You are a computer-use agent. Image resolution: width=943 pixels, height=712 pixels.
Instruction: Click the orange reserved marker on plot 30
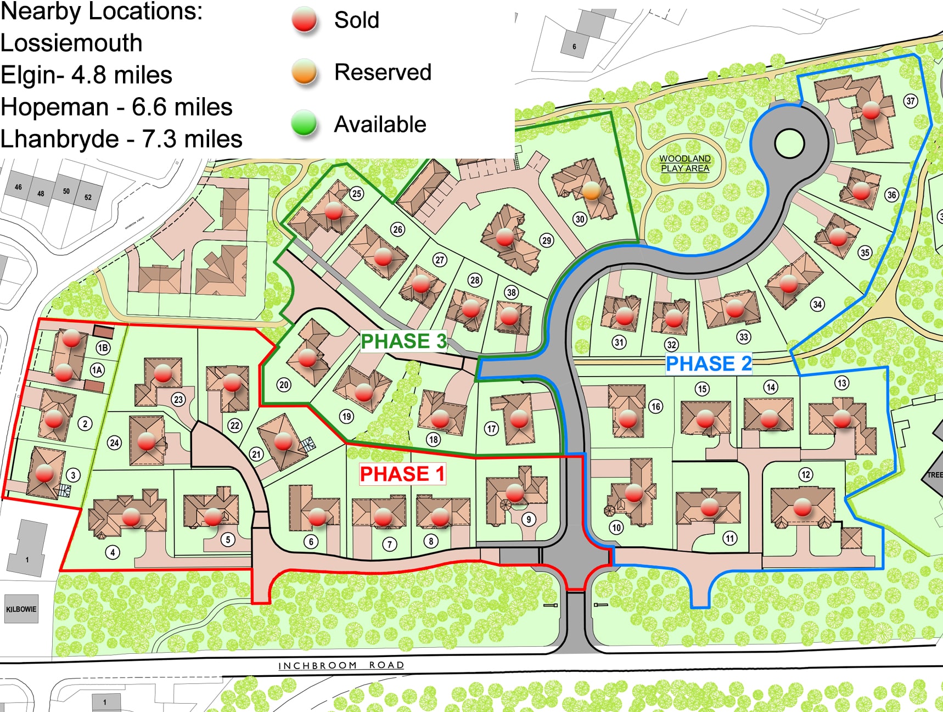click(x=591, y=190)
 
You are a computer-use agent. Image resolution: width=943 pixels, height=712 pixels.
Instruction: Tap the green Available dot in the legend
click(x=304, y=123)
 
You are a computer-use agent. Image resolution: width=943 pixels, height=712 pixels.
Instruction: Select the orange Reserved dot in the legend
click(x=304, y=72)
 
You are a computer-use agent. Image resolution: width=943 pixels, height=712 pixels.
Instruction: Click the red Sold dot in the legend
click(x=304, y=19)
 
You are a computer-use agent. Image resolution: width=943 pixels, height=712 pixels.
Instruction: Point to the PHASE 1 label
click(x=402, y=474)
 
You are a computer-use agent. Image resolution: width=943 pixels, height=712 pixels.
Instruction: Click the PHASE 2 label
click(x=708, y=363)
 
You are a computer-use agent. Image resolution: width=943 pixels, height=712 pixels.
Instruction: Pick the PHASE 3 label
click(x=403, y=341)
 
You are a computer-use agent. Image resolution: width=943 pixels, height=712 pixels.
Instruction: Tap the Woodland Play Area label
click(x=685, y=164)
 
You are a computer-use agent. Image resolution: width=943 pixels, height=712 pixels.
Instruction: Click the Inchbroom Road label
click(x=341, y=665)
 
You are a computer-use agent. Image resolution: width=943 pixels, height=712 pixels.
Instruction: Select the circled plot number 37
click(x=911, y=101)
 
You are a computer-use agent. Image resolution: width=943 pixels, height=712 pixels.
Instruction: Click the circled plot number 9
click(x=528, y=519)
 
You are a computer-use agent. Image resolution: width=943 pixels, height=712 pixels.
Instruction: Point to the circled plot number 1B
click(x=103, y=347)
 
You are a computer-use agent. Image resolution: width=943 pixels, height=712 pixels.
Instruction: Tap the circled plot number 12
click(x=805, y=474)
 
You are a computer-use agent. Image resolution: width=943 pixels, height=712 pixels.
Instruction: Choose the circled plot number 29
click(x=546, y=240)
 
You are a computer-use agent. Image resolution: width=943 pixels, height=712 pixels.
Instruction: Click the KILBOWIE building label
click(x=21, y=609)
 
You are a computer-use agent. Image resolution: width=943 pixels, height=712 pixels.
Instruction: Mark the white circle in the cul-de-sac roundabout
click(x=789, y=143)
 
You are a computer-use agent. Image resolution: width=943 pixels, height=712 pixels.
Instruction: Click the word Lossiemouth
click(x=71, y=43)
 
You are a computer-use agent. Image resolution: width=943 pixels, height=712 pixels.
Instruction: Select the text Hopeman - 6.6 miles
click(x=116, y=107)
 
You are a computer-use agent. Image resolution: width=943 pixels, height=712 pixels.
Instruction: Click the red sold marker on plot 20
click(x=307, y=358)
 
